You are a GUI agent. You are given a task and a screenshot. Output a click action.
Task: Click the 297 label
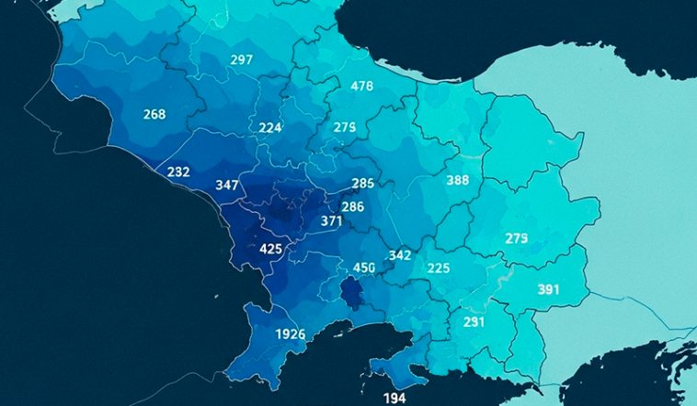pyautogui.click(x=241, y=60)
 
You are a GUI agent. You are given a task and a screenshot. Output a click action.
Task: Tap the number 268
pyautogui.click(x=154, y=114)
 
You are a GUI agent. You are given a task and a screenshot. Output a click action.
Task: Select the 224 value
pyautogui.click(x=270, y=128)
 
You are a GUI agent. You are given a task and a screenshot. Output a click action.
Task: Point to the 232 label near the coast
pyautogui.click(x=178, y=172)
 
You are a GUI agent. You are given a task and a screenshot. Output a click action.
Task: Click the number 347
pyautogui.click(x=227, y=185)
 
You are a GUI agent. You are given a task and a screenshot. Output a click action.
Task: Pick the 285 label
pyautogui.click(x=363, y=183)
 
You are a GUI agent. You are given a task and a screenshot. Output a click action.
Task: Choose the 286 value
pyautogui.click(x=353, y=207)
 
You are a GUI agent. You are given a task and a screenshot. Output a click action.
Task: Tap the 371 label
pyautogui.click(x=332, y=221)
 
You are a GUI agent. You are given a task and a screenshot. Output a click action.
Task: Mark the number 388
pyautogui.click(x=458, y=180)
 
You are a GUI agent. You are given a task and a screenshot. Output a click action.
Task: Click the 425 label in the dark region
pyautogui.click(x=271, y=249)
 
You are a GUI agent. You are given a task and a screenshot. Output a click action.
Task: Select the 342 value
pyautogui.click(x=400, y=254)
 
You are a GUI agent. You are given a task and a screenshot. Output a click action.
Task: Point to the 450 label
pyautogui.click(x=365, y=268)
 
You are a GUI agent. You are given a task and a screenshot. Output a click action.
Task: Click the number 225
pyautogui.click(x=439, y=268)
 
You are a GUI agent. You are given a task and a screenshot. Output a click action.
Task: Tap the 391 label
pyautogui.click(x=549, y=289)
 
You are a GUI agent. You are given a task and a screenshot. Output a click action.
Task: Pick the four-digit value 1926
pyautogui.click(x=291, y=333)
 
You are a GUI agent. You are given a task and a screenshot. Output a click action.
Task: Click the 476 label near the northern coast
pyautogui.click(x=362, y=86)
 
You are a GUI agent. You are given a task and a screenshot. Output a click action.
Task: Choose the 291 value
pyautogui.click(x=474, y=322)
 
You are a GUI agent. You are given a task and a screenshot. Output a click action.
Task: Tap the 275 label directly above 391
pyautogui.click(x=517, y=239)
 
